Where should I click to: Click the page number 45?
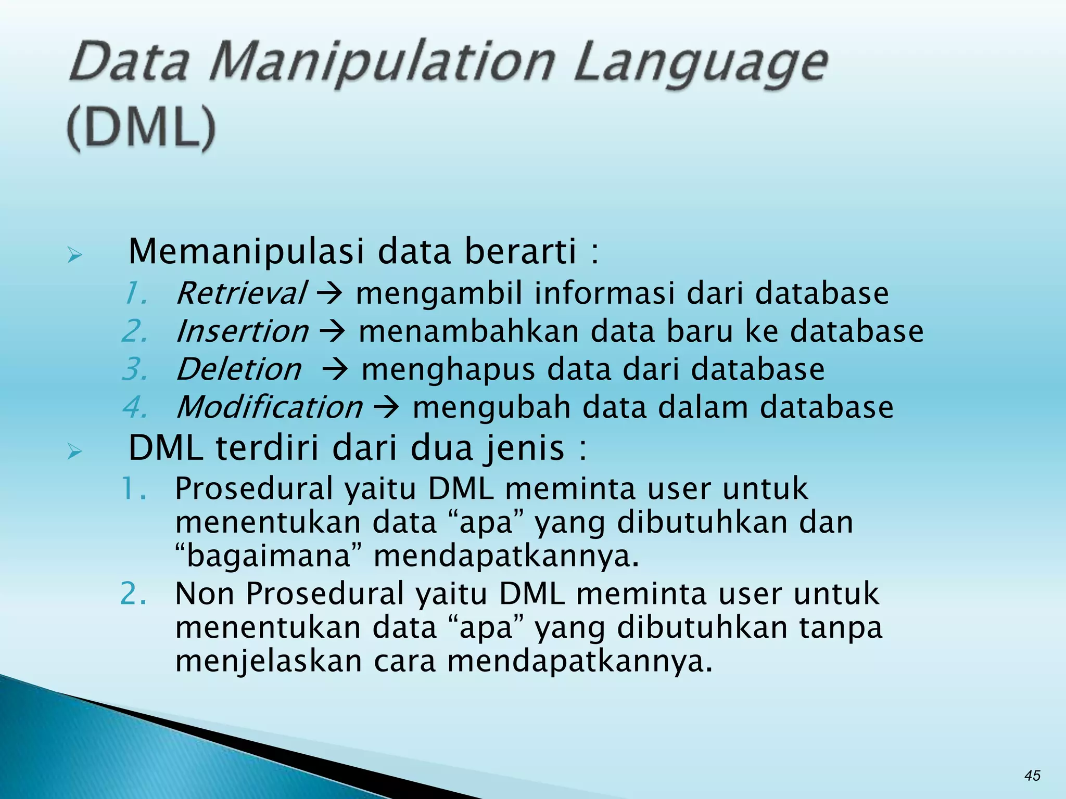point(1032,776)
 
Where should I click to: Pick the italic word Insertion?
point(243,331)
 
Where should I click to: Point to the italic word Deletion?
point(239,369)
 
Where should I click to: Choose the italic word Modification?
point(270,407)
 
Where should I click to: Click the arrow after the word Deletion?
point(334,370)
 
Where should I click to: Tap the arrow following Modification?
point(386,408)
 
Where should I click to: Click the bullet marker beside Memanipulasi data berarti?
point(74,255)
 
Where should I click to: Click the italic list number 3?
point(135,369)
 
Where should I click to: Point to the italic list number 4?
point(135,407)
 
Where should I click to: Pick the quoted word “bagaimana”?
point(269,556)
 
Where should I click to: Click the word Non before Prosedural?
point(204,594)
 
